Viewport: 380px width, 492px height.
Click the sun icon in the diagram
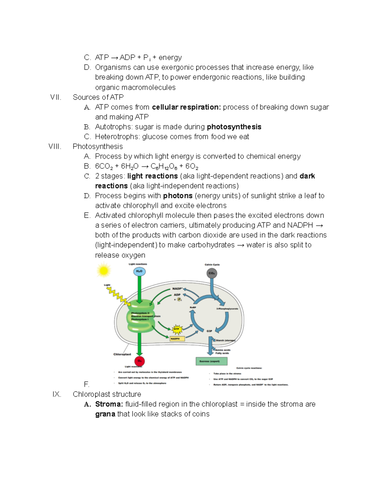click(103, 271)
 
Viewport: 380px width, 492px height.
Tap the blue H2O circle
click(139, 272)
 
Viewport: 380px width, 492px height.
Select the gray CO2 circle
click(212, 273)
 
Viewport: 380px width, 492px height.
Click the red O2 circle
click(139, 361)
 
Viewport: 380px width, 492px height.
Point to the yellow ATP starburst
click(177, 329)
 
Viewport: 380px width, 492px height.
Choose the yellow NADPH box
click(177, 339)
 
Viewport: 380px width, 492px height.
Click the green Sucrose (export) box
click(212, 361)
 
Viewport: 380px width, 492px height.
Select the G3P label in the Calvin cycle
click(209, 331)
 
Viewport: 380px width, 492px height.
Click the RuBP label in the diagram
click(193, 308)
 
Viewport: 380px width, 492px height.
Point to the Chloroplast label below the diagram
click(122, 354)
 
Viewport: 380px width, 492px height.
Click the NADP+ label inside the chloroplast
click(177, 289)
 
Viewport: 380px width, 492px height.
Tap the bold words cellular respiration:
click(186, 107)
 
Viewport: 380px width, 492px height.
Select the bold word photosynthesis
click(234, 127)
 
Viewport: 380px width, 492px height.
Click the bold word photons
click(178, 195)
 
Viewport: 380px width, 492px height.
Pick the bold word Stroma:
click(109, 404)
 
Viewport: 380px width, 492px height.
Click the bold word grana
click(105, 414)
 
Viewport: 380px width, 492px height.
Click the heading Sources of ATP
click(98, 97)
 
